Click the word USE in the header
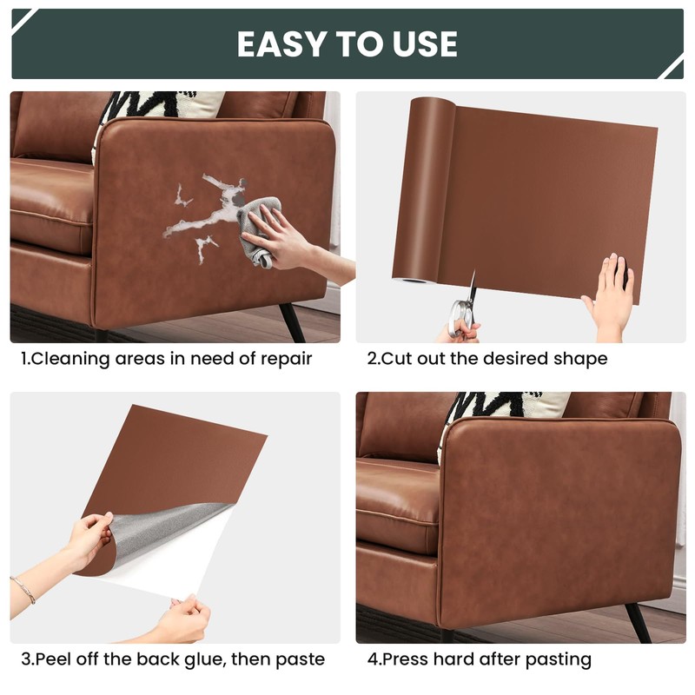pos(424,44)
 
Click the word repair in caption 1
pos(283,359)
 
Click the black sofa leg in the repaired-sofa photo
pos(641,621)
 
